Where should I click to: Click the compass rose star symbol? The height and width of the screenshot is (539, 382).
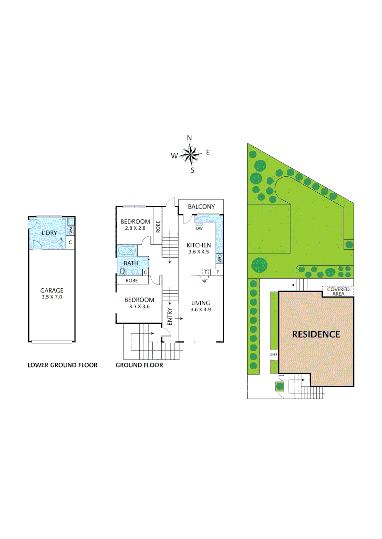point(191,154)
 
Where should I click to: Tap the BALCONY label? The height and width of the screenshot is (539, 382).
point(201,207)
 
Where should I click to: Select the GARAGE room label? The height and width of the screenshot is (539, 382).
point(52,290)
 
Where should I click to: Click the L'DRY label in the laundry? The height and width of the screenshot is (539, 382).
point(48,233)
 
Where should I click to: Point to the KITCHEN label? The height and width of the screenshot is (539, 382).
point(199,245)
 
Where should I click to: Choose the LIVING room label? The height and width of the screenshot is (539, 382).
point(200,303)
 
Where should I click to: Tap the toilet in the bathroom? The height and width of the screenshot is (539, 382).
point(122,272)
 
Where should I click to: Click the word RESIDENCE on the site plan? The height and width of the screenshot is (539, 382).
point(316,334)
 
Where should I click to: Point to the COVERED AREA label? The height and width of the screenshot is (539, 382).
point(338,292)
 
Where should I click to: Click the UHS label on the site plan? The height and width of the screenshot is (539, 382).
point(273,355)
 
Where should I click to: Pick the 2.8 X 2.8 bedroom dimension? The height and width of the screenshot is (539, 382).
point(135,228)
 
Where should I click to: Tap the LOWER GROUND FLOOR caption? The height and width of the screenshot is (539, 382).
point(62,365)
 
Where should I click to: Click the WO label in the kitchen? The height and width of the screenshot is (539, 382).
point(219,258)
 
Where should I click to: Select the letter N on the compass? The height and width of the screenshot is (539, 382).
point(189,138)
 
